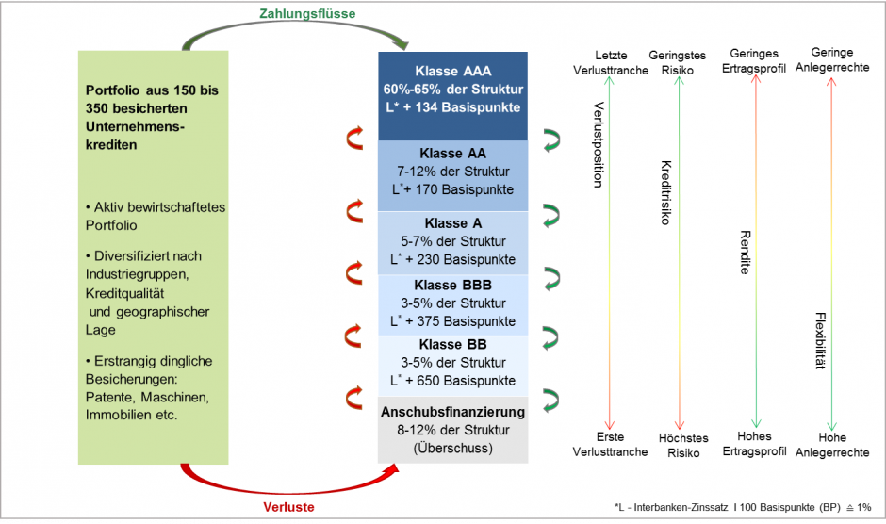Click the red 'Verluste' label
click(287, 507)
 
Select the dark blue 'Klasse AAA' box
click(453, 90)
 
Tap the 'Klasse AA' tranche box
click(453, 172)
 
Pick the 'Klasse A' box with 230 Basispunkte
click(453, 241)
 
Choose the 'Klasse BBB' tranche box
click(453, 303)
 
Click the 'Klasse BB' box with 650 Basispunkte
click(453, 363)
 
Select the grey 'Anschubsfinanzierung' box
click(453, 430)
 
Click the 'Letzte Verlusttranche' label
click(610, 63)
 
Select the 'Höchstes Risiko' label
click(678, 445)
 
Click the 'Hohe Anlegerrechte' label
click(832, 445)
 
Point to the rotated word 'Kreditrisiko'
click(665, 192)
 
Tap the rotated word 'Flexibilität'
click(820, 340)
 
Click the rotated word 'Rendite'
click(745, 252)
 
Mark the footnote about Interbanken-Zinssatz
click(742, 508)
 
